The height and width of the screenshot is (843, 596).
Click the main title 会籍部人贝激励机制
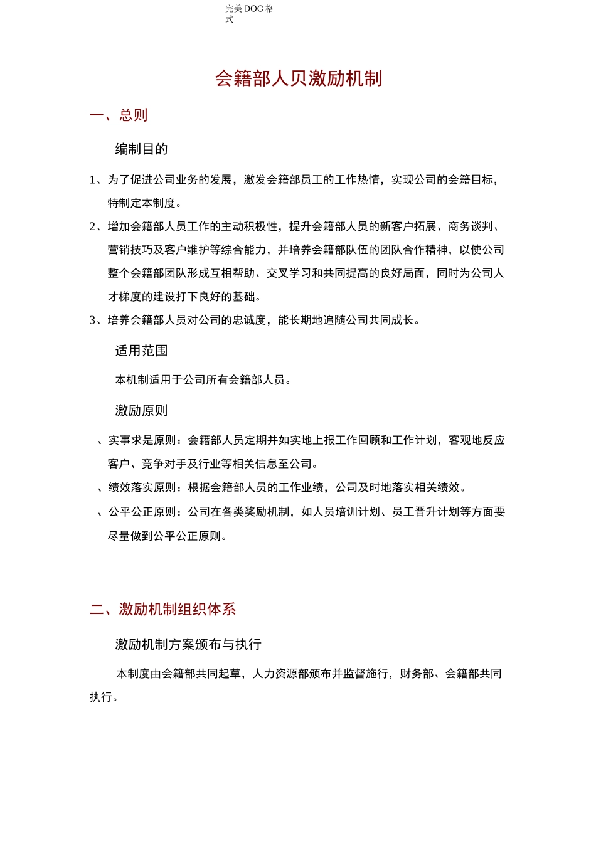click(x=299, y=78)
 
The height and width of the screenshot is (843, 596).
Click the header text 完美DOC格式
click(x=249, y=13)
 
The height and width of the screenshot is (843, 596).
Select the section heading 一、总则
click(x=119, y=115)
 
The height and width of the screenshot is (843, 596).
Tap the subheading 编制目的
click(x=141, y=149)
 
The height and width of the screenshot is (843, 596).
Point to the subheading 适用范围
click(x=141, y=351)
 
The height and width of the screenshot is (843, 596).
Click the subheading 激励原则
click(x=141, y=411)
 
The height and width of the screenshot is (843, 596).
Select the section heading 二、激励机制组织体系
click(x=163, y=609)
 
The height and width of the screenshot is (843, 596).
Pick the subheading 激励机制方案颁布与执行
click(x=188, y=644)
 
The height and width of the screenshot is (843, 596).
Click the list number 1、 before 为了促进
click(x=97, y=180)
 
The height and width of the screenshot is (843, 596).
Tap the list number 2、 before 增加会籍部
click(x=97, y=226)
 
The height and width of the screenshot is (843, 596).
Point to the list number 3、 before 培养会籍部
click(x=97, y=321)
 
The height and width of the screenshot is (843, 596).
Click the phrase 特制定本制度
click(x=142, y=203)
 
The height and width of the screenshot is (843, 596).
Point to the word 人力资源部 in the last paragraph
click(x=280, y=674)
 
